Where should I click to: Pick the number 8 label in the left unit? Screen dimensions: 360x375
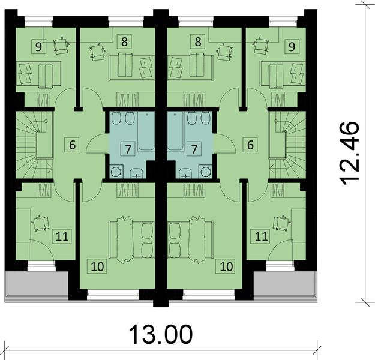124,43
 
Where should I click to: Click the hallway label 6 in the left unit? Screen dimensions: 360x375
73,145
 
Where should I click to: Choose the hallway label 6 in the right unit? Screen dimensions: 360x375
249,145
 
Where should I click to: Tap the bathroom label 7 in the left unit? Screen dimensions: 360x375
126,148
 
